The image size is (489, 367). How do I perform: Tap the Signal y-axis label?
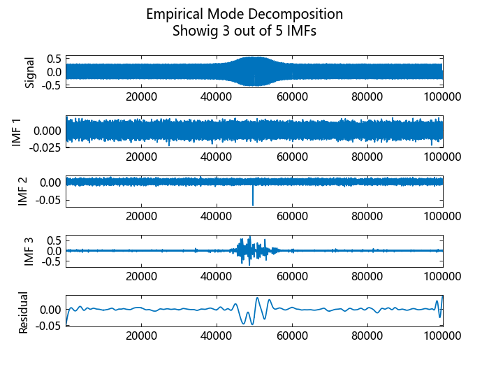[29, 71]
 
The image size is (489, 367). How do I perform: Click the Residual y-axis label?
[23, 312]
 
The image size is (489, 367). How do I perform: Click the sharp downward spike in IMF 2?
[253, 199]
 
